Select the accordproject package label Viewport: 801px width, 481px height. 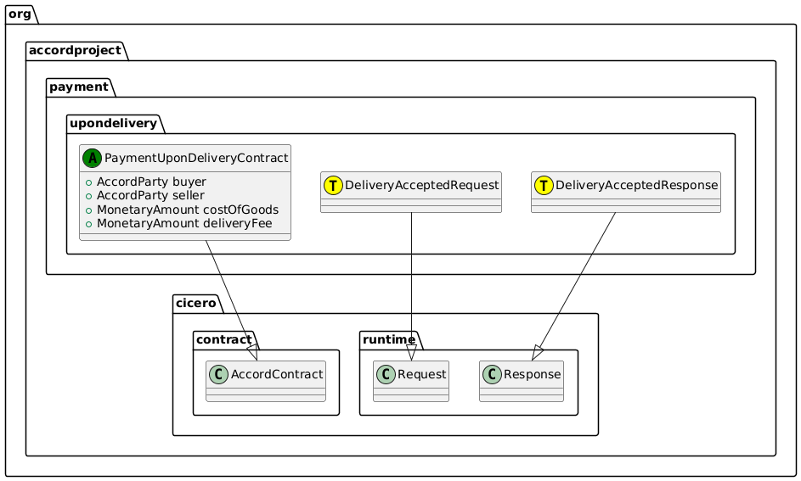click(76, 49)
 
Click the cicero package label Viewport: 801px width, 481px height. click(197, 303)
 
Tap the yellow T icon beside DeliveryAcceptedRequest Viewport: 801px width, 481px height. click(334, 184)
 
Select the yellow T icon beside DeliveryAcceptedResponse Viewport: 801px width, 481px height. click(544, 184)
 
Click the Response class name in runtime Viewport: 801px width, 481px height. click(531, 374)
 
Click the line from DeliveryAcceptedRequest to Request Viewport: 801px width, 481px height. click(412, 280)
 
